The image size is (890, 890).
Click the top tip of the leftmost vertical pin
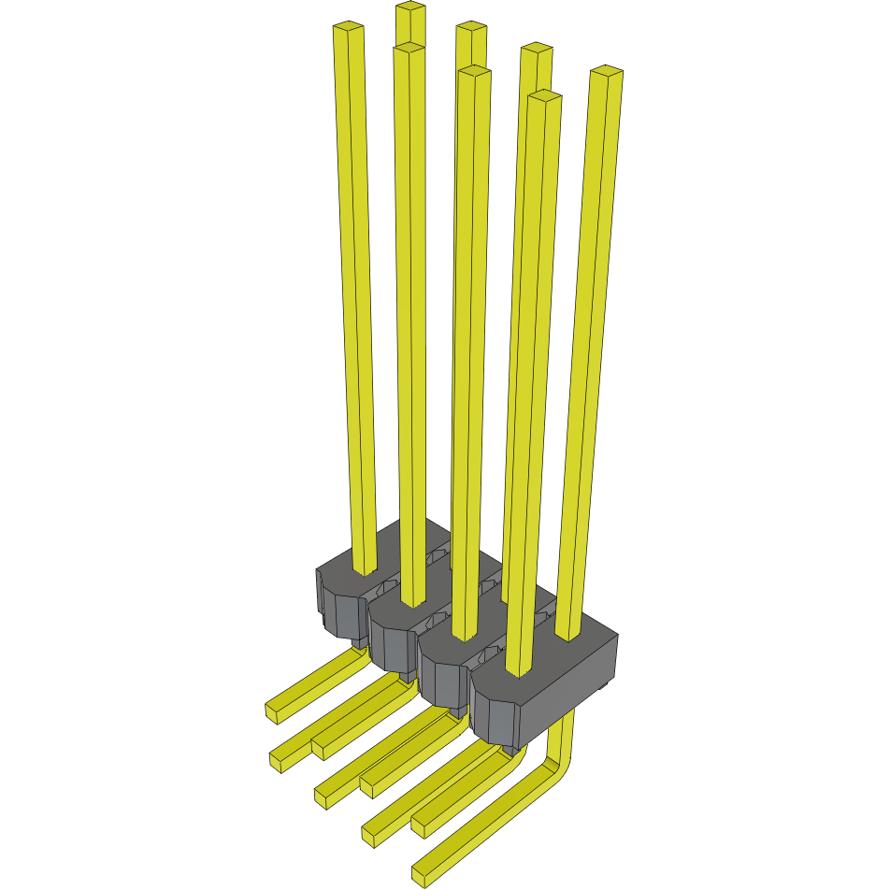coord(348,28)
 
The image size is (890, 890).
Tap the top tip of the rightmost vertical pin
coord(607,72)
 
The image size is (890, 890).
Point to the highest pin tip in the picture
coord(410,7)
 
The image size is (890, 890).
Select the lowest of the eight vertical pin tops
coord(543,96)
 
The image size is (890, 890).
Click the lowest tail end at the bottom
coord(423,875)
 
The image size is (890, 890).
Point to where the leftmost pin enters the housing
coord(365,570)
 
